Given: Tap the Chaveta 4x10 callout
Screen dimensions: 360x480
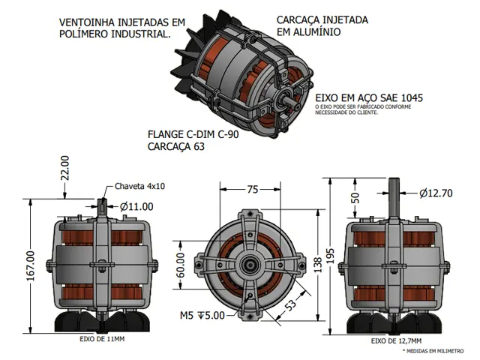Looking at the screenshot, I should [139, 187].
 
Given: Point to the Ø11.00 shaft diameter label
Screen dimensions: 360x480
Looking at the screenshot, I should [136, 206].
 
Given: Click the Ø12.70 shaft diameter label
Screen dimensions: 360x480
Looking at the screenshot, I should [436, 193].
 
